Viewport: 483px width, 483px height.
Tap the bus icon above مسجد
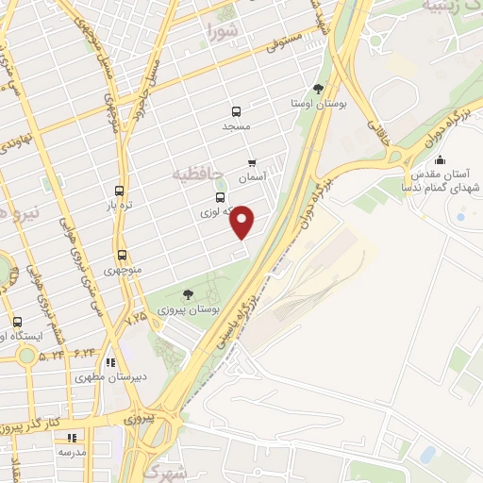[x=235, y=111]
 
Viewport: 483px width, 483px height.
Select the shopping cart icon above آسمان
[x=251, y=162]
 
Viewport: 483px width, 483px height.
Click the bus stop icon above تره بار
[x=119, y=191]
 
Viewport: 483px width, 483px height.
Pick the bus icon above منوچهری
[x=122, y=255]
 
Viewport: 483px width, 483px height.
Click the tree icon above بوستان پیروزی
[x=188, y=295]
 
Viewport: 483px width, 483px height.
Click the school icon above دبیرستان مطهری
[x=111, y=361]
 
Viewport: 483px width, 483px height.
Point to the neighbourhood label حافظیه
[x=197, y=175]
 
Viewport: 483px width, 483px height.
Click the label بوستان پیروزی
[x=194, y=309]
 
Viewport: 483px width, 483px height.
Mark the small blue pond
[x=427, y=455]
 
